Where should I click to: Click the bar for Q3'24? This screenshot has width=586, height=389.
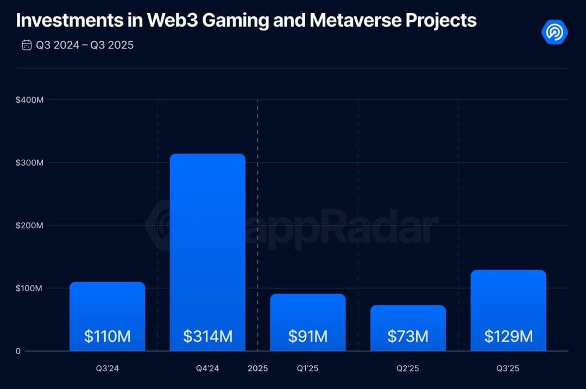pos(107,310)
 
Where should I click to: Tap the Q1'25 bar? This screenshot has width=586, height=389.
pos(308,315)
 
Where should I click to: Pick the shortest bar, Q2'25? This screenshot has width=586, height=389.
pos(408,321)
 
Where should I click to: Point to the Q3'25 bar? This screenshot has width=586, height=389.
pos(508,304)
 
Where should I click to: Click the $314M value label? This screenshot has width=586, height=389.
pos(207,336)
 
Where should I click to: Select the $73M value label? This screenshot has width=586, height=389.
pos(408,336)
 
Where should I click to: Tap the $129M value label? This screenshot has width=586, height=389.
pos(508,336)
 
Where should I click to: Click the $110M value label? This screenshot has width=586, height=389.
pos(107,336)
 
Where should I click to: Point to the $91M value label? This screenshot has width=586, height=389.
pos(308,336)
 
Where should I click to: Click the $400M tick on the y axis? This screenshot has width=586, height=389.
pos(29,100)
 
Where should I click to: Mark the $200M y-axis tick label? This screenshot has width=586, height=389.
pos(29,225)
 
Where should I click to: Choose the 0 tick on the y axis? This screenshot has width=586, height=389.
pos(18,351)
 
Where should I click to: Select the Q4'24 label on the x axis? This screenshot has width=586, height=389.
pos(207,368)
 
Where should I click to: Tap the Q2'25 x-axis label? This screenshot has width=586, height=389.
pos(408,368)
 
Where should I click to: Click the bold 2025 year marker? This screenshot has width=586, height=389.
pos(258,368)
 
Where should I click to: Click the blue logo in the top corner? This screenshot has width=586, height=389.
pos(554,32)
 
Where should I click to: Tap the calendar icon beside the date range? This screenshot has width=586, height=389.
pos(27,45)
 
